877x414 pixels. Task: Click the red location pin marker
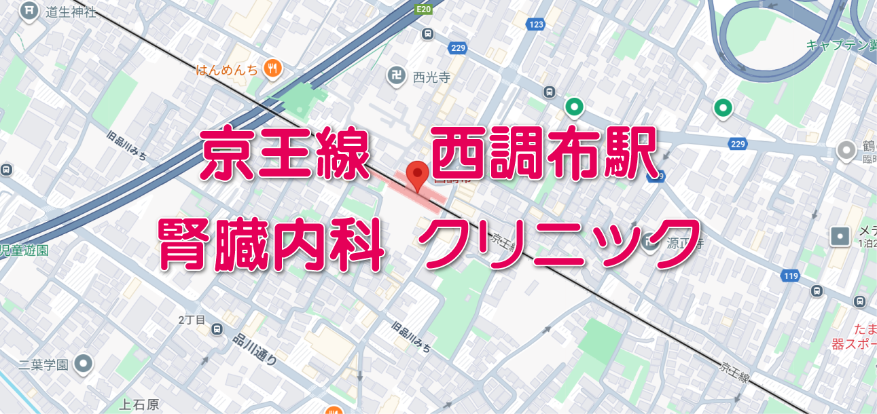pyautogui.click(x=416, y=174)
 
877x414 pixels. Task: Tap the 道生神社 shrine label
pyautogui.click(x=71, y=12)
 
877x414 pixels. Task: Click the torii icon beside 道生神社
pyautogui.click(x=29, y=12)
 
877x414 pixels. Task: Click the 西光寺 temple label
pyautogui.click(x=432, y=77)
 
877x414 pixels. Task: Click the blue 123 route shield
pyautogui.click(x=536, y=25)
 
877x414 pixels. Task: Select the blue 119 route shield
pyautogui.click(x=790, y=276)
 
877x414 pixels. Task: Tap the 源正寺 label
pyautogui.click(x=682, y=241)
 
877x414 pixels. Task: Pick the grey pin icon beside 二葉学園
pyautogui.click(x=84, y=364)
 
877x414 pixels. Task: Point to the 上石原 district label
pyautogui.click(x=139, y=404)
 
